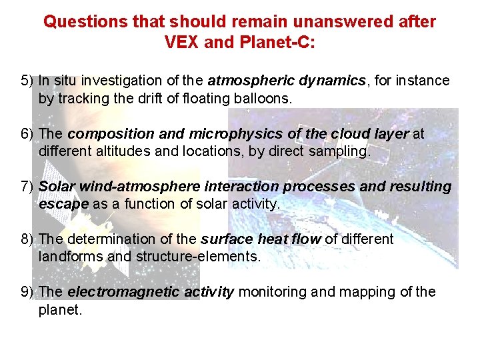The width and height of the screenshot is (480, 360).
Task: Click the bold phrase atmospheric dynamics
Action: (x=287, y=81)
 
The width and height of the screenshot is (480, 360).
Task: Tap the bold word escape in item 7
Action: (x=64, y=204)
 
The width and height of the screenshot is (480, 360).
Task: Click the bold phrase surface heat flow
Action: (x=261, y=239)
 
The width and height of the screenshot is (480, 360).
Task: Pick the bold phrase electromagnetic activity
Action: (x=151, y=291)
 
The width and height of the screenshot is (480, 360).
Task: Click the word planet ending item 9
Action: (x=60, y=309)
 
